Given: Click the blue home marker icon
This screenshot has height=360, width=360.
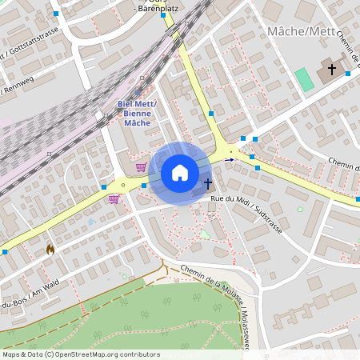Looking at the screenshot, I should point(180,173).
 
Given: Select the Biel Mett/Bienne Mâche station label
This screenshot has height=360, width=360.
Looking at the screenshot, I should point(137,114).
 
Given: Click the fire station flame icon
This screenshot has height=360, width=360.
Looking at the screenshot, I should point(50,249).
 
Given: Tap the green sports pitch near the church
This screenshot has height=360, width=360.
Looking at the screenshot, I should point(304,79).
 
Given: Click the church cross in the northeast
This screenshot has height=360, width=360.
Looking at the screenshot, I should point(332,69).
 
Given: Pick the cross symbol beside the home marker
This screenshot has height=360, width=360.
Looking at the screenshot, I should point(207,184).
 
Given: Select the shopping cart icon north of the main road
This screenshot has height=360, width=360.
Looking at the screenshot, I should point(141,167).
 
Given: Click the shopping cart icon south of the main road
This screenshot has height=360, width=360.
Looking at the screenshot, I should point(114,198).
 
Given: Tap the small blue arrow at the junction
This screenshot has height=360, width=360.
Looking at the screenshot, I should point(230,160).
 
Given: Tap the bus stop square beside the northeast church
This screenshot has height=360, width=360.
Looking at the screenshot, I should point(348,74).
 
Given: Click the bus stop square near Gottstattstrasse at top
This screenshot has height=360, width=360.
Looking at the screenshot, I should point(56,14).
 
